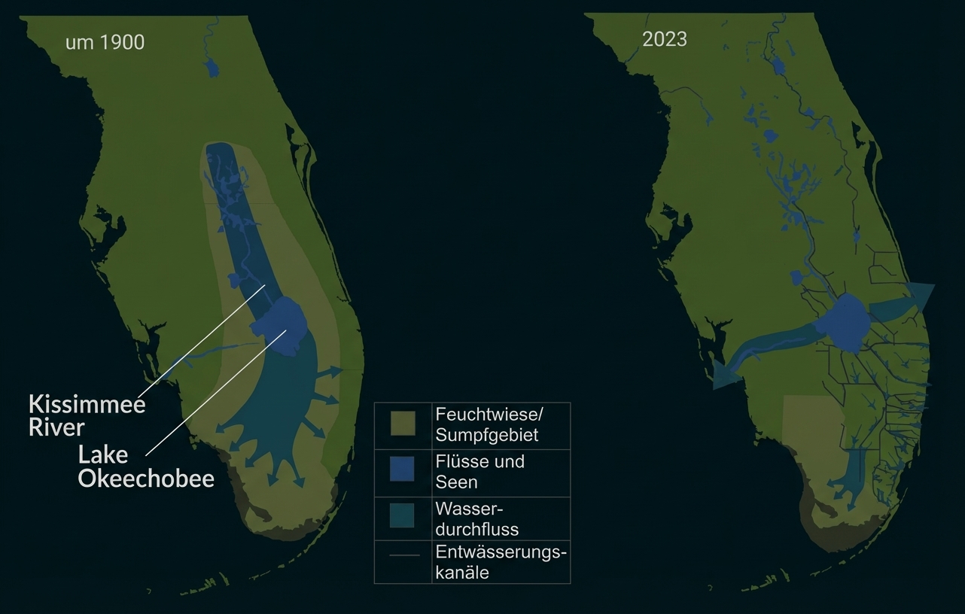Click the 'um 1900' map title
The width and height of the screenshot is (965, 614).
coord(105,42)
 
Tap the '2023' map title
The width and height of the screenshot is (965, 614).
coord(664,39)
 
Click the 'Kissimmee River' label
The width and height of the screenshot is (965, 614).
coord(87,415)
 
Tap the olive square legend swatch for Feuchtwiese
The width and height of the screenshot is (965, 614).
coord(402,424)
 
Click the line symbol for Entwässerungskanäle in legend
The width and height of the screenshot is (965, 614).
coord(403,555)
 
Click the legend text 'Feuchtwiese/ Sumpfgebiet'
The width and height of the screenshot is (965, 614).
coord(486,424)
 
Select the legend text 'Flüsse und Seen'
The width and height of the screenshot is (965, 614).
coord(479,471)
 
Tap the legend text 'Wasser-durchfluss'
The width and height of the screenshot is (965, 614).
coord(476,518)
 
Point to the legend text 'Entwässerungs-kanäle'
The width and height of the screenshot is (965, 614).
coord(500,562)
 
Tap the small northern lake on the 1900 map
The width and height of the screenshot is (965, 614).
coord(212,68)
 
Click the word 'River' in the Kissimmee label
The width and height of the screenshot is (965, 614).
coord(56,428)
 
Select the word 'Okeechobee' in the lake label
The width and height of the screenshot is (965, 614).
coord(146,479)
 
